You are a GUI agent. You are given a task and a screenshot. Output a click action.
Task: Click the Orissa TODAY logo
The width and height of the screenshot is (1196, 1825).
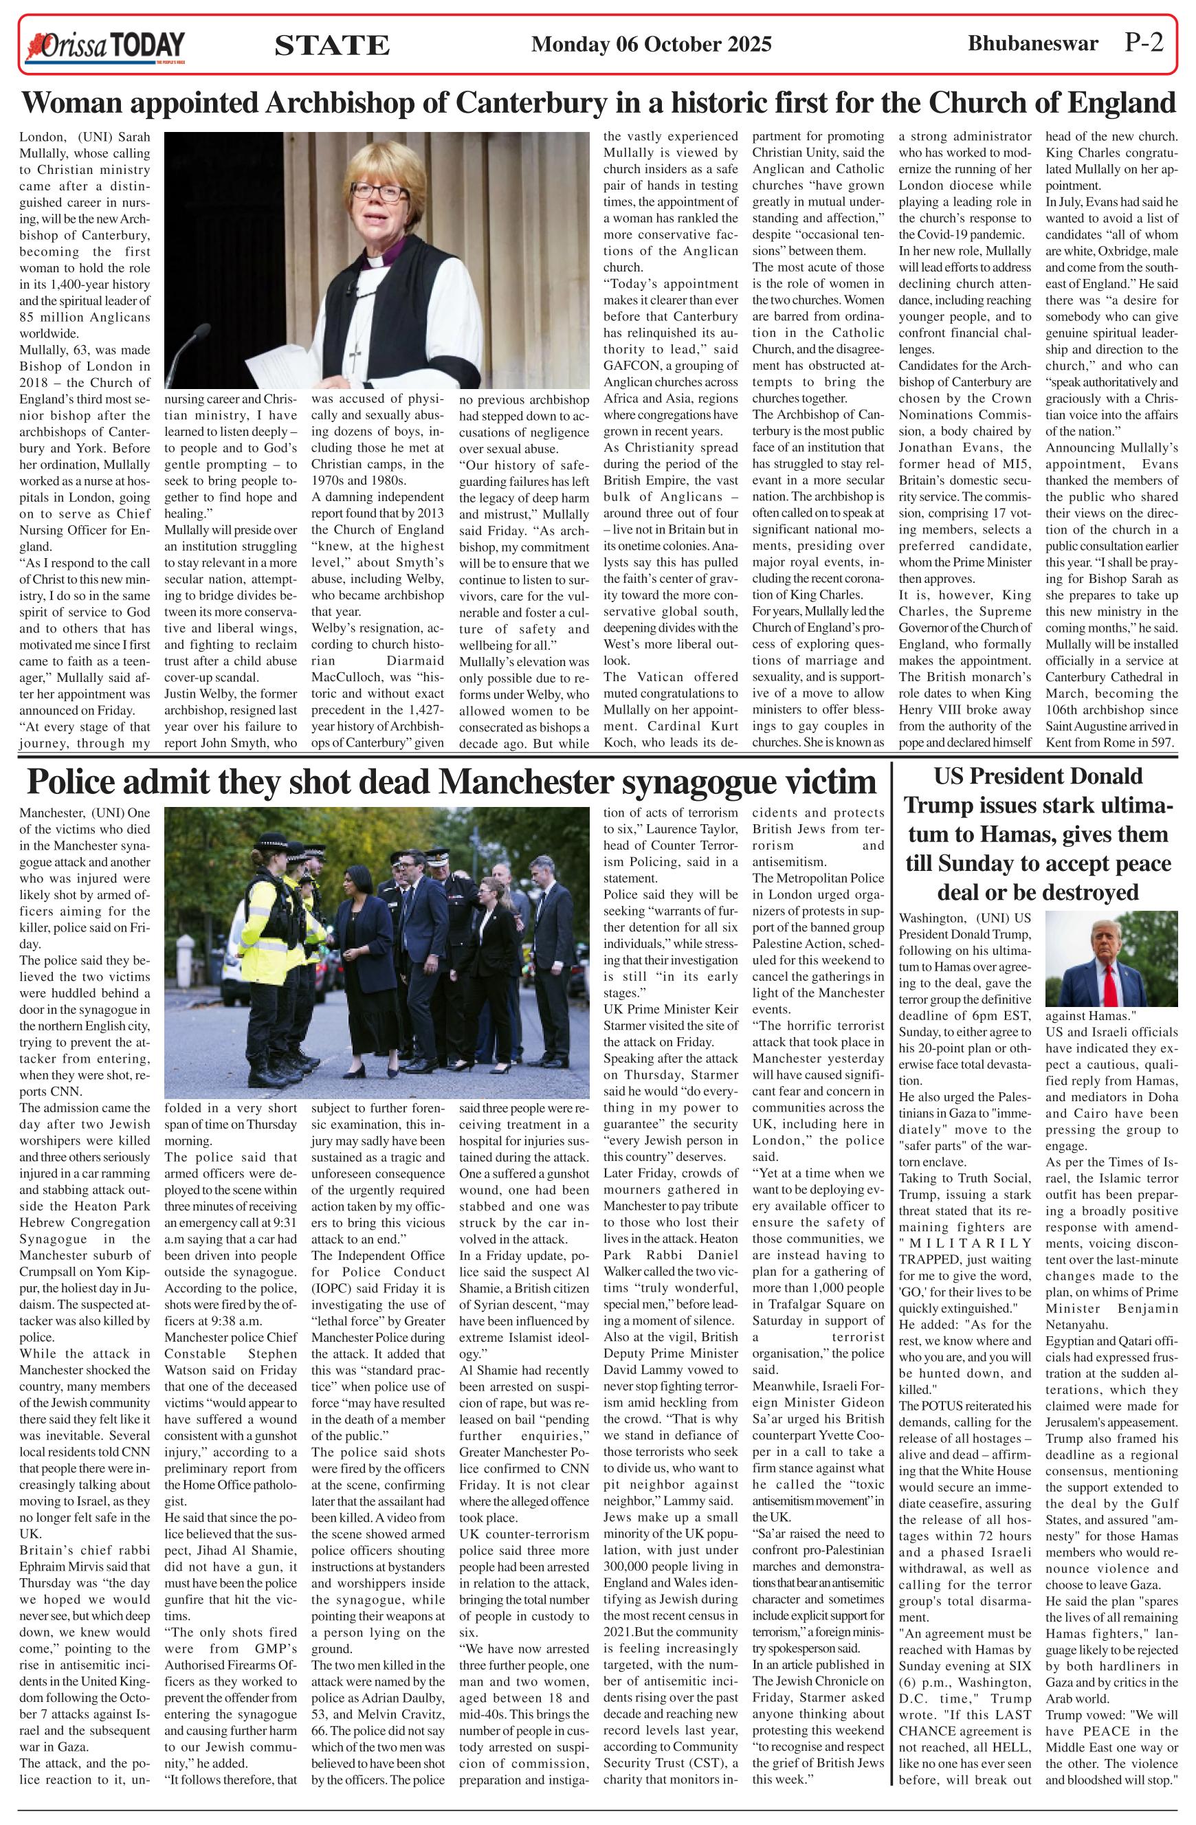[x=107, y=46]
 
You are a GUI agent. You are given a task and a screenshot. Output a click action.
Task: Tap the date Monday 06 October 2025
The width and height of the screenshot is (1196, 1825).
[x=651, y=45]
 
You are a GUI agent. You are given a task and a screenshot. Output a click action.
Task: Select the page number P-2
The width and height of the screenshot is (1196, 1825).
[x=1143, y=43]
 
